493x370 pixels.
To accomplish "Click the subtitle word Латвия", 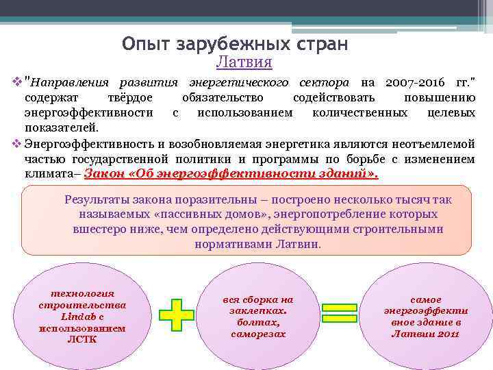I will (244, 62).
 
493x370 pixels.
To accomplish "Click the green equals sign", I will (340, 314).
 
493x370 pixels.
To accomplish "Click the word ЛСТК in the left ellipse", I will (82, 339).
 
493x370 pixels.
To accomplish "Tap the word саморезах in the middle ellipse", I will (258, 334).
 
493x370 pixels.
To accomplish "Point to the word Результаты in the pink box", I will (97, 199).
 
